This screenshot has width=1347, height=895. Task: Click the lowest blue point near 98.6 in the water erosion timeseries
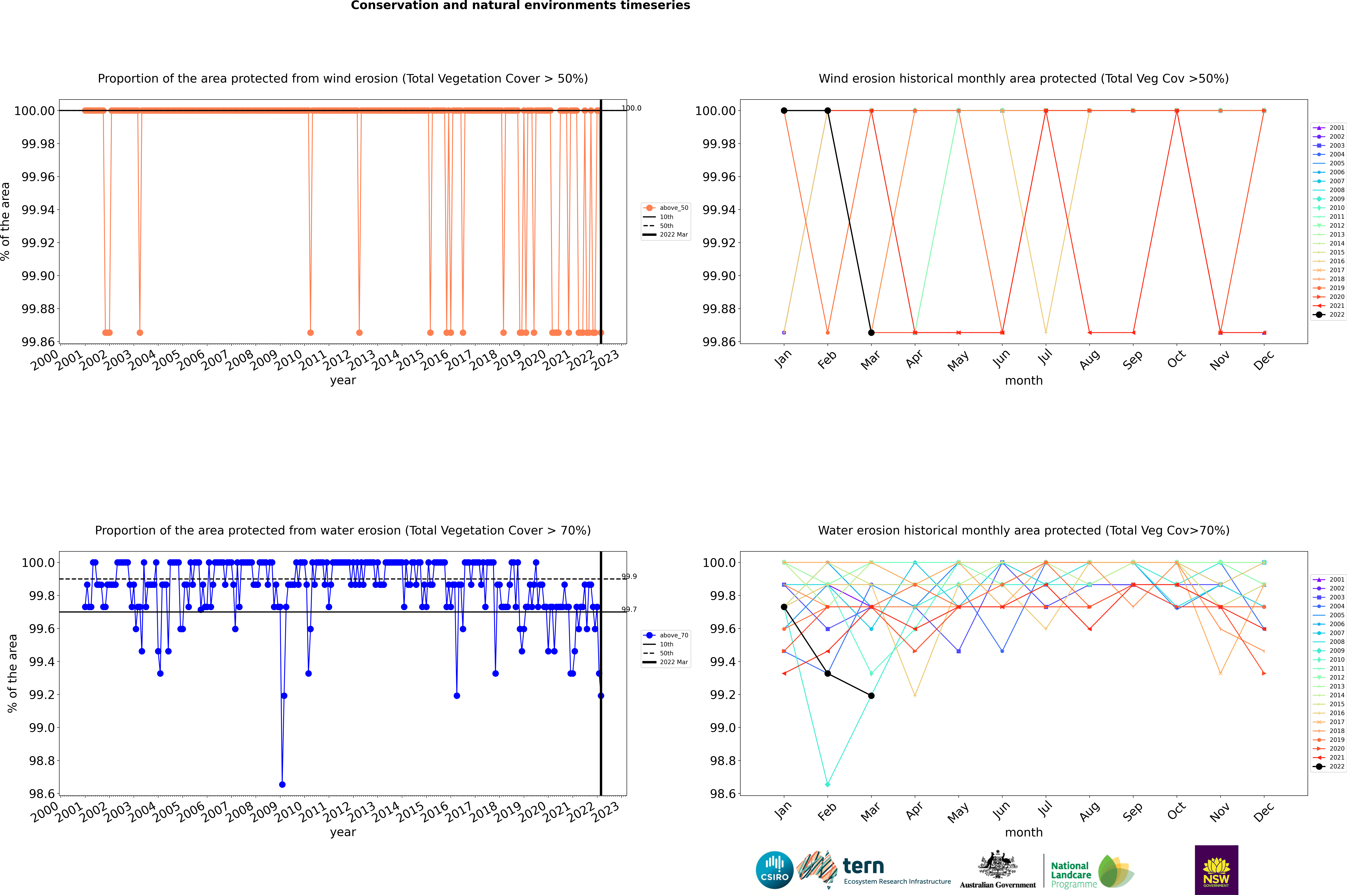click(282, 784)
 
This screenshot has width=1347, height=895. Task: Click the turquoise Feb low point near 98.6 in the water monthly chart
click(827, 784)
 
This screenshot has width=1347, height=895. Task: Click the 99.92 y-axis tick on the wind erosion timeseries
click(38, 243)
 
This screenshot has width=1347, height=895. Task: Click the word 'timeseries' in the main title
click(650, 6)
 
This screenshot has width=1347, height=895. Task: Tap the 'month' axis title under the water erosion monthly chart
click(1023, 832)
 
